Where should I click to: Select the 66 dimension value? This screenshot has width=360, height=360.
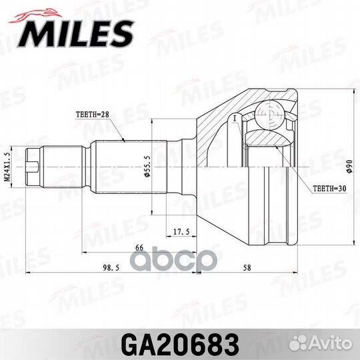click(140, 248)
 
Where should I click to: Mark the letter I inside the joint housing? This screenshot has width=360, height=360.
click(235, 118)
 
